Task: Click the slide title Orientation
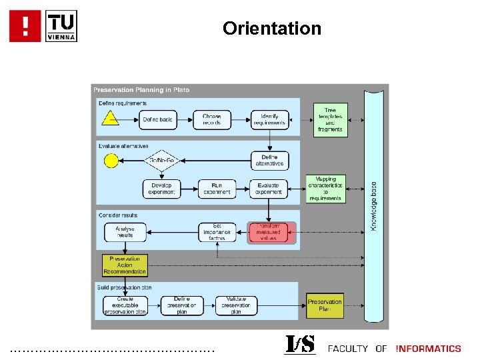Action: (272, 29)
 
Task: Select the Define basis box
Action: (157, 120)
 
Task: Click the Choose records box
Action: (212, 120)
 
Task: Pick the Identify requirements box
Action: (269, 120)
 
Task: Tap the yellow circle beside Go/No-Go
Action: (111, 161)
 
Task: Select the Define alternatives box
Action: (269, 161)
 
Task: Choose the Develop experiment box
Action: (161, 189)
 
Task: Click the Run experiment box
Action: (216, 189)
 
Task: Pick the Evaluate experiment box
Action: (269, 189)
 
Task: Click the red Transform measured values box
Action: (268, 232)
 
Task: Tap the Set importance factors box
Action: (217, 232)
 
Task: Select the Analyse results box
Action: (125, 232)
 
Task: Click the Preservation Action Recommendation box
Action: (125, 265)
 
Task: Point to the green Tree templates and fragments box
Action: (330, 120)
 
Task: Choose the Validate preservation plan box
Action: (236, 305)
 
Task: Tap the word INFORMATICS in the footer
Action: (428, 349)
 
